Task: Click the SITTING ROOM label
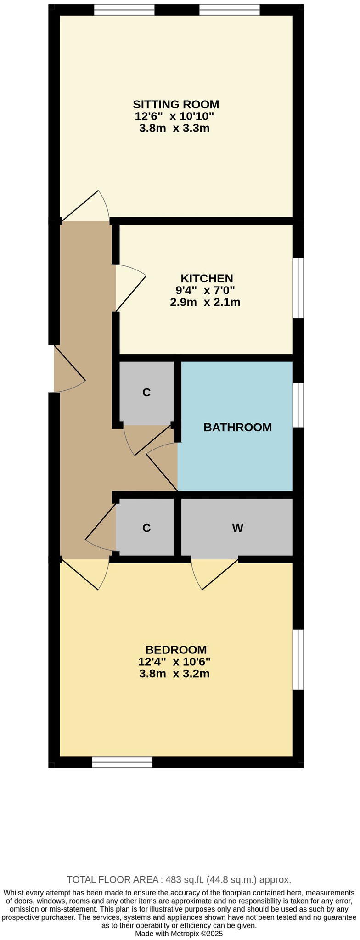176,104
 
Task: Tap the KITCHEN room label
207,278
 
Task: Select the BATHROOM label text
237,428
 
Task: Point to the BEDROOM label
176,650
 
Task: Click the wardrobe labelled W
237,528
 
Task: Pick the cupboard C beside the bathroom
146,393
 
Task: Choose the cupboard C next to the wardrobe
146,528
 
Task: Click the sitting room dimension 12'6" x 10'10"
174,116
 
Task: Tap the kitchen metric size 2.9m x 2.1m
205,302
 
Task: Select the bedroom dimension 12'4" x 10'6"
174,662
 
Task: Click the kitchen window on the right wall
298,288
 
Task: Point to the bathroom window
298,405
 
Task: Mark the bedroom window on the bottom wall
122,762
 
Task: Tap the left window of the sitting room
124,10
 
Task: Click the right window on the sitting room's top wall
229,10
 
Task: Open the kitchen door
130,288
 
